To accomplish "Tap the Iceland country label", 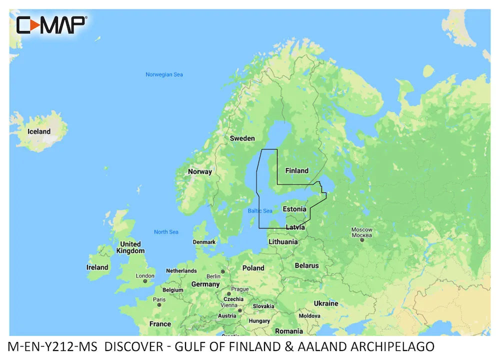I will pos(39,131).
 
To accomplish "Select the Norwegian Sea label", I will pos(164,74).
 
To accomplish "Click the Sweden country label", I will pos(242,138).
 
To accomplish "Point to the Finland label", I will pos(296,170).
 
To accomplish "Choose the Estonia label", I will pos(294,208).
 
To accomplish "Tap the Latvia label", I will pos(295,227).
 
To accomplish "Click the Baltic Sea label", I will pos(260,211).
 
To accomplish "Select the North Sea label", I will pos(166,232).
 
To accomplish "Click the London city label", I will pos(145,275).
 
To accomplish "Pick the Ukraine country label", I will pos(326,303).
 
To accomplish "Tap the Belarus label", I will pos(306,265).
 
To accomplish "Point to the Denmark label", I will pos(204,242).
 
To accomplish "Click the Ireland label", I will pos(97,267).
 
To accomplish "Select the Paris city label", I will pos(159,299).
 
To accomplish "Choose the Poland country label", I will pos(253,268).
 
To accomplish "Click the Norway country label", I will pos(199,171).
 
